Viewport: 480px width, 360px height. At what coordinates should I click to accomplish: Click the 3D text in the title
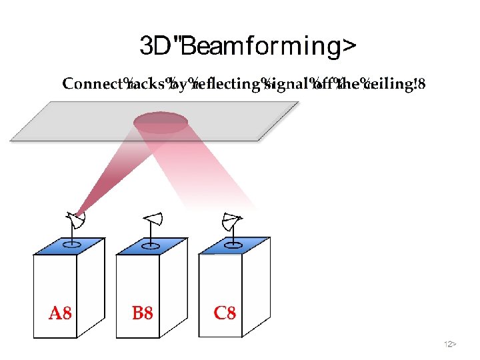tap(156, 47)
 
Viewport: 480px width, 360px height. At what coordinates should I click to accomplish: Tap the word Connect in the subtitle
tap(92, 84)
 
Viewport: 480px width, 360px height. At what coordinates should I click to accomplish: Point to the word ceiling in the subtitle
tap(388, 84)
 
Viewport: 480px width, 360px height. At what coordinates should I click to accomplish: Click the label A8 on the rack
tap(60, 313)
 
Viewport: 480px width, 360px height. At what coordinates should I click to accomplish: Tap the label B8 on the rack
tap(142, 313)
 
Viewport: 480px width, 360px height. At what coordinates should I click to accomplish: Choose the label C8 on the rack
tap(225, 313)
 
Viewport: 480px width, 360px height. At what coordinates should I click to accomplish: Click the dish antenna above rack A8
tap(75, 220)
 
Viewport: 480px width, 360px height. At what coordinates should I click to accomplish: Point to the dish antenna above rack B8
tap(153, 220)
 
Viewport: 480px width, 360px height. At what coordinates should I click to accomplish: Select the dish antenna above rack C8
tap(231, 220)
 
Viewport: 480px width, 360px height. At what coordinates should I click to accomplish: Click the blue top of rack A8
tap(68, 245)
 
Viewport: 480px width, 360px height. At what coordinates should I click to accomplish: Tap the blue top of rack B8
tap(150, 245)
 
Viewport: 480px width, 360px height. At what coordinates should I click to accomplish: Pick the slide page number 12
tap(449, 344)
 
